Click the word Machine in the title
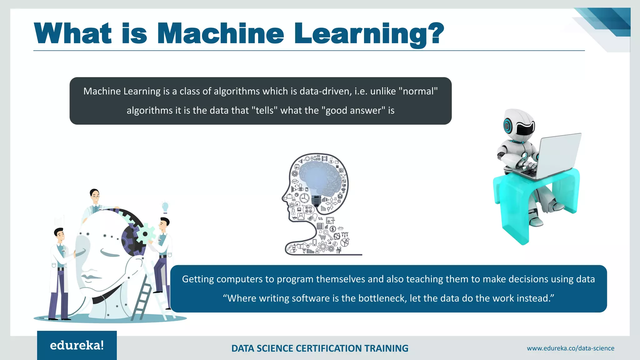(x=220, y=33)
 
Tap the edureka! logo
(x=77, y=345)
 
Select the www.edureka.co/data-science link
(x=570, y=348)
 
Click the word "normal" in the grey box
(x=418, y=91)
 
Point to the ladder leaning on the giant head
(x=142, y=297)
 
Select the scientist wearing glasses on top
(x=94, y=200)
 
